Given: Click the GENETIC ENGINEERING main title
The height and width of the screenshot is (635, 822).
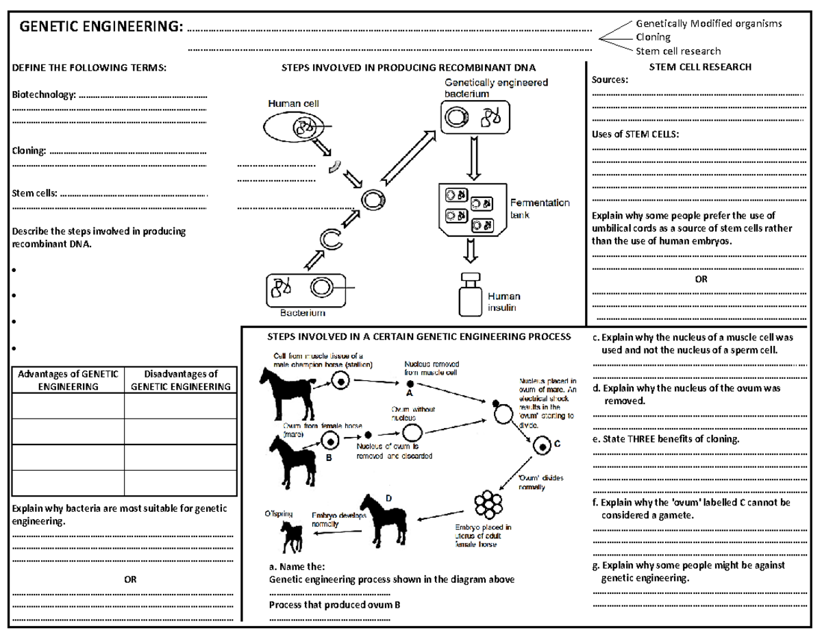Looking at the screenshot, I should click(101, 27).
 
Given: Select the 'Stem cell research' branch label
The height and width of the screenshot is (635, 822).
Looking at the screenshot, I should click(678, 51).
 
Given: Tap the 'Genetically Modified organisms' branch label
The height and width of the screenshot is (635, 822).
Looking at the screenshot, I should click(709, 23).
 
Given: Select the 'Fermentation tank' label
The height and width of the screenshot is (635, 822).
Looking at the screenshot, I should click(539, 208).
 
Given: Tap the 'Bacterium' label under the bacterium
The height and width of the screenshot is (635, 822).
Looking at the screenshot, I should click(302, 313).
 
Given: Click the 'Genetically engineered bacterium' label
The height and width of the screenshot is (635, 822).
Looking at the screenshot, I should click(493, 87).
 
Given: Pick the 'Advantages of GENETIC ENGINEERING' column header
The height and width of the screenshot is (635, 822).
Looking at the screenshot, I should click(68, 380).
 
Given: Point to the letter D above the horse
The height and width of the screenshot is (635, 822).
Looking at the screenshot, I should click(388, 499).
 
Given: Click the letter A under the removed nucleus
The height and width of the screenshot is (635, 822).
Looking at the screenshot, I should click(410, 395).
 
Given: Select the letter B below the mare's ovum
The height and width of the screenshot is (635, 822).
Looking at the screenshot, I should click(328, 460).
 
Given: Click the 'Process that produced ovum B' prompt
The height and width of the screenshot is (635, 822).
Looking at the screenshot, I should click(334, 605).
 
